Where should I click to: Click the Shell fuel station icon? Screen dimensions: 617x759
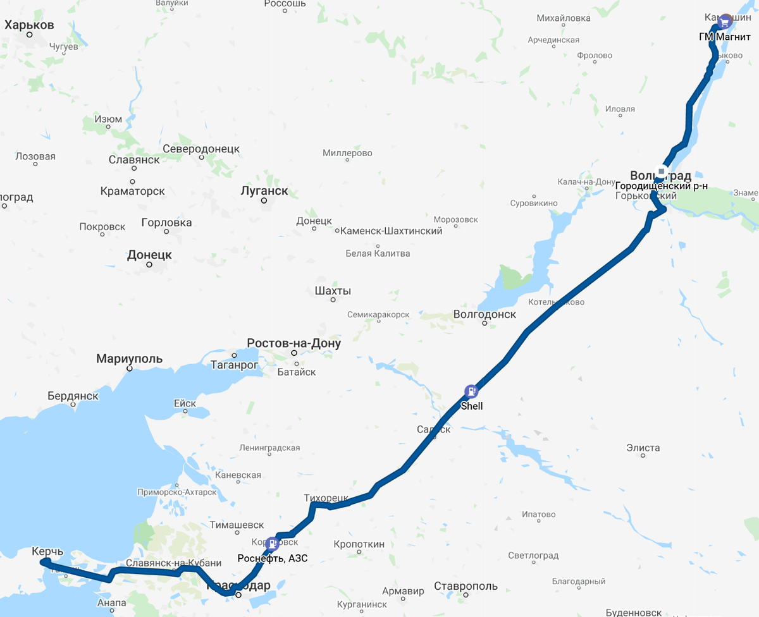471,391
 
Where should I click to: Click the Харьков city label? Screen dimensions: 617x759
29,25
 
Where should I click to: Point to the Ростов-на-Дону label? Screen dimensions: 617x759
293,343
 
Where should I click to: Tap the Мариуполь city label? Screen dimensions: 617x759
129,359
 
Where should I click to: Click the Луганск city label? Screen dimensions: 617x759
264,190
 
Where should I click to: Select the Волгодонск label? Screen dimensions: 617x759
484,314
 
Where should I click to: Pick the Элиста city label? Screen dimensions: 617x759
643,448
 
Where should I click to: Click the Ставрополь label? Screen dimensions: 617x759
466,586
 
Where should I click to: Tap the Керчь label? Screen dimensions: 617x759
47,551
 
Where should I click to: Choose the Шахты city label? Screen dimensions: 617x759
333,291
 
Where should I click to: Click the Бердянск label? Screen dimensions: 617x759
73,396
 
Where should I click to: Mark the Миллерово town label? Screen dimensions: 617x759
347,153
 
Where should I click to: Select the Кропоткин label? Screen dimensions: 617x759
359,544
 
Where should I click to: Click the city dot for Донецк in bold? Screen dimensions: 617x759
149,264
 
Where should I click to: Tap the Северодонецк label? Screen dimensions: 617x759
201,149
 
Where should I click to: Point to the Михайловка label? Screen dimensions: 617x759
563,18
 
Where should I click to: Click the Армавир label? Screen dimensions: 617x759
403,591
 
